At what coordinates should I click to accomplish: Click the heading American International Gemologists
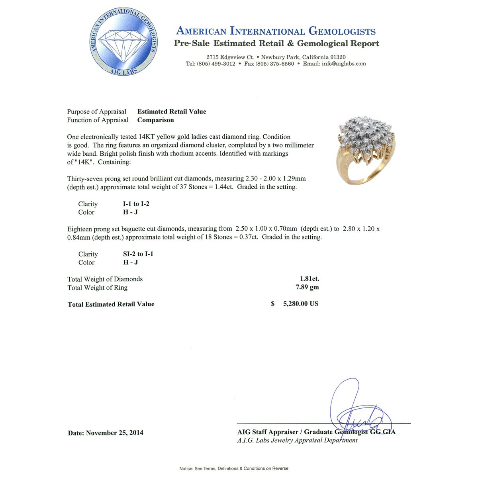coord(276,31)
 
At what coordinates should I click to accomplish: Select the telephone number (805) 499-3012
coord(216,64)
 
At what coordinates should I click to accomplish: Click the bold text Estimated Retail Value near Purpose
coord(172,112)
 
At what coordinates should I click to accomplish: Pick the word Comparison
coord(155,120)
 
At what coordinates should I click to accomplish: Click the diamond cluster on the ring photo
coord(362,135)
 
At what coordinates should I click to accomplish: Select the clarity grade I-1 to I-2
coord(136,204)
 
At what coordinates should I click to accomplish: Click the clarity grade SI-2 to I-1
coord(138,254)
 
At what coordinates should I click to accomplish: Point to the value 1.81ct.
coord(309,279)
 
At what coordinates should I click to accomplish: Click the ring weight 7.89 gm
coord(309,288)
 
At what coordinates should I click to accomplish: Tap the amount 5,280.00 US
coord(300,304)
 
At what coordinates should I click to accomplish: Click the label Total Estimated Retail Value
coord(111,304)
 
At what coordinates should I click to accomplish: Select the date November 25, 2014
coord(115,433)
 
